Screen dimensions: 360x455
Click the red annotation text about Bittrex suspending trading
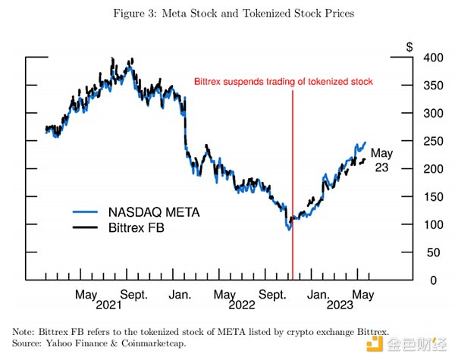[x=284, y=80]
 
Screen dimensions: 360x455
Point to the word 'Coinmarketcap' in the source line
[x=156, y=343]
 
